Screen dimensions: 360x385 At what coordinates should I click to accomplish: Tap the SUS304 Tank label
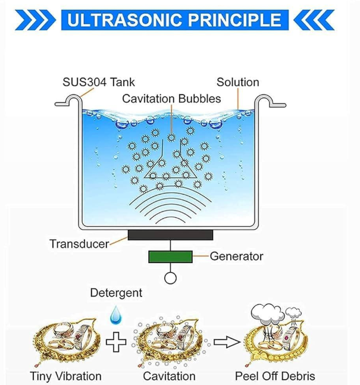click(99, 82)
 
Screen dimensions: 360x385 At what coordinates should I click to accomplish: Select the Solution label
click(237, 82)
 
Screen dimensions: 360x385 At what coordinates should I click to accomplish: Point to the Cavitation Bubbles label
click(171, 99)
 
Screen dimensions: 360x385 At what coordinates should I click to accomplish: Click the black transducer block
click(170, 235)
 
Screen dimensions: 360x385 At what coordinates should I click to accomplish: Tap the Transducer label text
click(79, 244)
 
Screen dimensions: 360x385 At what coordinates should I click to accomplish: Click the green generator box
click(170, 257)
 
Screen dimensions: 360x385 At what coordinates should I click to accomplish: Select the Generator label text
click(236, 256)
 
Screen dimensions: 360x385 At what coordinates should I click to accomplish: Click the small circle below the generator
click(170, 278)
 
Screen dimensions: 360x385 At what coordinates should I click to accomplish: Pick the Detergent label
click(116, 293)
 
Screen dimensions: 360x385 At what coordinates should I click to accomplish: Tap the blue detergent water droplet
click(116, 315)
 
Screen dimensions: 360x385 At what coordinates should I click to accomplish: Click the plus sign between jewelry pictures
click(116, 342)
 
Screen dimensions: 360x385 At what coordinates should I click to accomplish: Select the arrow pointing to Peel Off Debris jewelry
click(226, 342)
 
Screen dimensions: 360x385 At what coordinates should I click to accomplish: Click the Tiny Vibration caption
click(65, 376)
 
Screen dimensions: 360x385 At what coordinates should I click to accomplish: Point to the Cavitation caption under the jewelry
click(169, 376)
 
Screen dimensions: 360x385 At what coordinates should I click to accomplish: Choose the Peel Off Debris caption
click(275, 376)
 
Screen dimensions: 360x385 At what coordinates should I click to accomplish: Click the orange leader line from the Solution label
click(237, 99)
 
